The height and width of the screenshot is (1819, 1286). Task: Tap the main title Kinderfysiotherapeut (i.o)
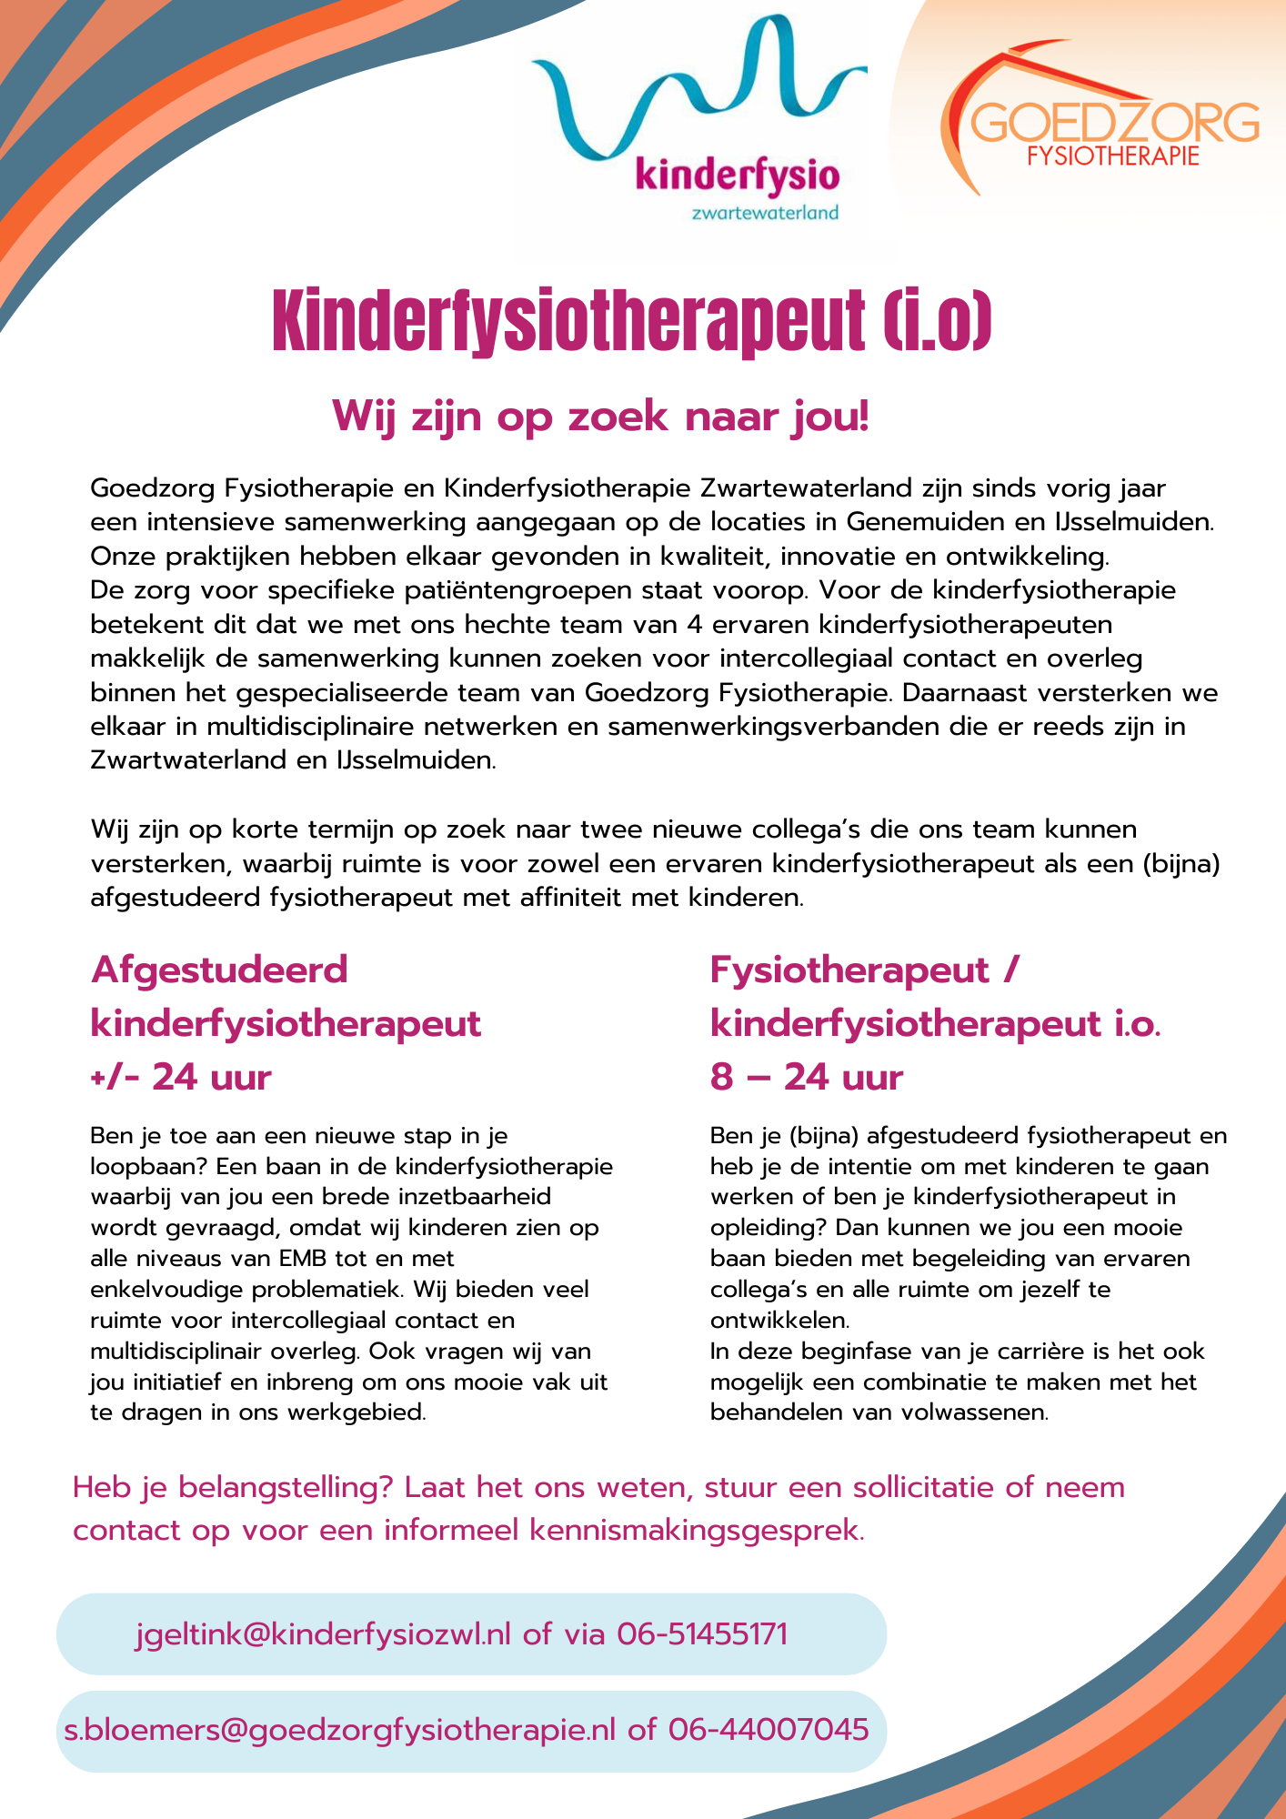click(632, 323)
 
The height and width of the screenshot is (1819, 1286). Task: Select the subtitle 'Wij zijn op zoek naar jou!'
click(601, 417)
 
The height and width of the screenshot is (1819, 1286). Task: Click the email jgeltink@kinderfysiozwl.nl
click(323, 1634)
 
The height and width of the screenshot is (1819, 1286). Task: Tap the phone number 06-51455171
click(702, 1634)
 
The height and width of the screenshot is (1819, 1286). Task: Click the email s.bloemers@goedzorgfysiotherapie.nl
click(340, 1729)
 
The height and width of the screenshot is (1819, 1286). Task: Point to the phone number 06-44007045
click(769, 1729)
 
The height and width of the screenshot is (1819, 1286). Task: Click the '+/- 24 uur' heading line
click(182, 1078)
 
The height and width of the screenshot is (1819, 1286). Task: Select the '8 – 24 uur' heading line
click(807, 1078)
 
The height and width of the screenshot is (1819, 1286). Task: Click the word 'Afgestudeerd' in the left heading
click(219, 970)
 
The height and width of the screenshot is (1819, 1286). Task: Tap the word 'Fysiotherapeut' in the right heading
click(849, 970)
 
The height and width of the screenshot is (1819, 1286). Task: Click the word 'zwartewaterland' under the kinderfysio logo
click(765, 214)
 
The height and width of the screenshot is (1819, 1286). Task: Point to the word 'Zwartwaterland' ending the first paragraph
click(188, 760)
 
